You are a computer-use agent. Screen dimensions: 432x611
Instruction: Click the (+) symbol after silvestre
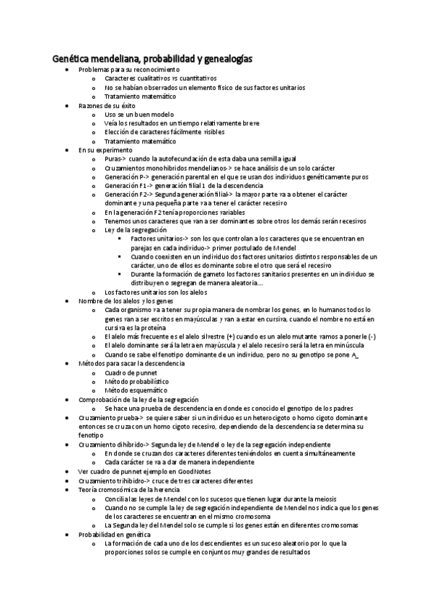tap(229, 337)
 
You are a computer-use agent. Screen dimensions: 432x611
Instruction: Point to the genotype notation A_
tap(355, 355)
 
